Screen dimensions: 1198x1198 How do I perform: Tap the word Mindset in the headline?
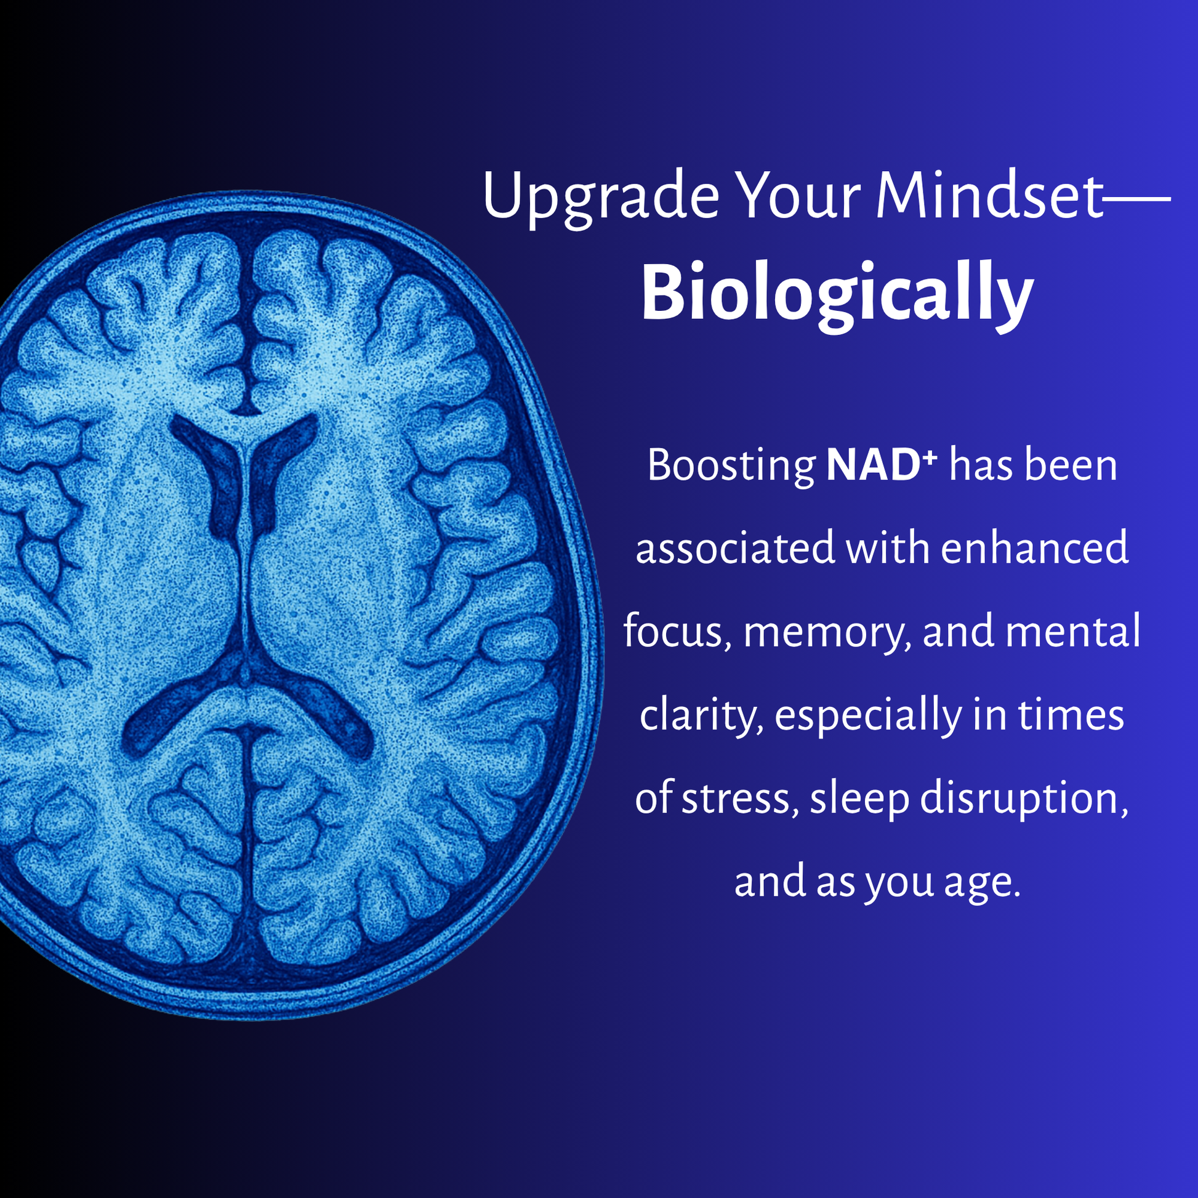(x=990, y=196)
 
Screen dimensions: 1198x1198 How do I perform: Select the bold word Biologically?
(x=837, y=296)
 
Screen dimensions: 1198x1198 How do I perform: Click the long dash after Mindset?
(x=1137, y=199)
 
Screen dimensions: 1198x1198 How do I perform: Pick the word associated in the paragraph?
(x=736, y=550)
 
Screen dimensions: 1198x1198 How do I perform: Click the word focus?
(x=677, y=633)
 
